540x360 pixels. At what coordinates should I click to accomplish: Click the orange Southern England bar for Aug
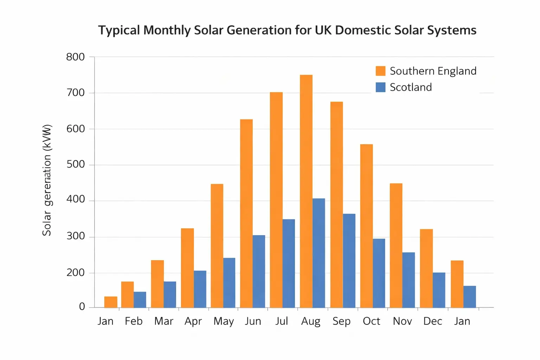pyautogui.click(x=306, y=191)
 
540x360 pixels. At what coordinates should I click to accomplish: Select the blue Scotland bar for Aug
pyautogui.click(x=319, y=253)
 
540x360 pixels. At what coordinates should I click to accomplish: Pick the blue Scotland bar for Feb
pyautogui.click(x=140, y=300)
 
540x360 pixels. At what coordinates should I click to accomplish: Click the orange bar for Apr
pyautogui.click(x=187, y=268)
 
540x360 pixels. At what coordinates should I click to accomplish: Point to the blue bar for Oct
pyautogui.click(x=379, y=273)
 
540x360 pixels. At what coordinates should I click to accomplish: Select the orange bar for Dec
pyautogui.click(x=426, y=268)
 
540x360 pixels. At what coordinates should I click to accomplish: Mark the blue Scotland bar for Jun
pyautogui.click(x=259, y=271)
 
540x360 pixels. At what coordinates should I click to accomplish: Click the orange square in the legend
pyautogui.click(x=380, y=71)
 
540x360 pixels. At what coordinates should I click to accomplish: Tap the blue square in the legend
pyautogui.click(x=380, y=87)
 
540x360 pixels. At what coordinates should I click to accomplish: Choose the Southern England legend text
pyautogui.click(x=433, y=71)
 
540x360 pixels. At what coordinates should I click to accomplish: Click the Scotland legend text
pyautogui.click(x=411, y=87)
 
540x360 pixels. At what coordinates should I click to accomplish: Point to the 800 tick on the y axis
pyautogui.click(x=76, y=57)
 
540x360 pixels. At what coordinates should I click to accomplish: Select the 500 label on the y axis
pyautogui.click(x=76, y=165)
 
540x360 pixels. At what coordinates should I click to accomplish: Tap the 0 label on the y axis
pyautogui.click(x=82, y=307)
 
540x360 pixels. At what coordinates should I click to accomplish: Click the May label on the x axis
pyautogui.click(x=224, y=321)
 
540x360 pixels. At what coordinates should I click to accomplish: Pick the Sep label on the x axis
pyautogui.click(x=341, y=321)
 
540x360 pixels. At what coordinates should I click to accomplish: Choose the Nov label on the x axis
pyautogui.click(x=402, y=321)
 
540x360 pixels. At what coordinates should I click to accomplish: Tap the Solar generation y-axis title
pyautogui.click(x=47, y=180)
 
